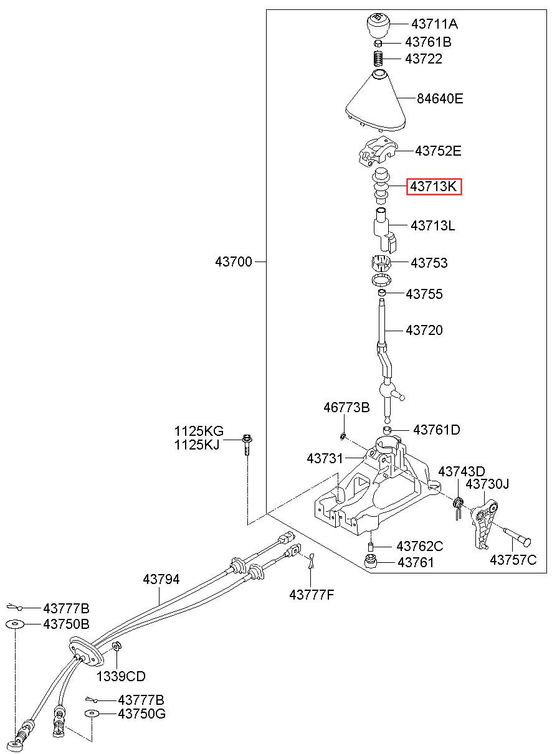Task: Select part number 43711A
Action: pos(434,24)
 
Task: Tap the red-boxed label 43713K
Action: pos(434,186)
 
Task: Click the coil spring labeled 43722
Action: pos(379,59)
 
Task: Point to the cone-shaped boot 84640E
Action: pos(376,103)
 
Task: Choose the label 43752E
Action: pos(438,151)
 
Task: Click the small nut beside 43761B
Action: pos(378,43)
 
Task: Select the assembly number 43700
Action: pos(234,262)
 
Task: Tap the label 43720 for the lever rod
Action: pos(424,330)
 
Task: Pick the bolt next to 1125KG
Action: pos(247,445)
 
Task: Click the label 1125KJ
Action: pos(197,445)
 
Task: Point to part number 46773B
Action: pos(346,408)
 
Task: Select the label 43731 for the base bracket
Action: pos(325,458)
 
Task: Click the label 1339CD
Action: pos(121,676)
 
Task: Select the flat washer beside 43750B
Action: pos(15,624)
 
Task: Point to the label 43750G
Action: pos(142,714)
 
